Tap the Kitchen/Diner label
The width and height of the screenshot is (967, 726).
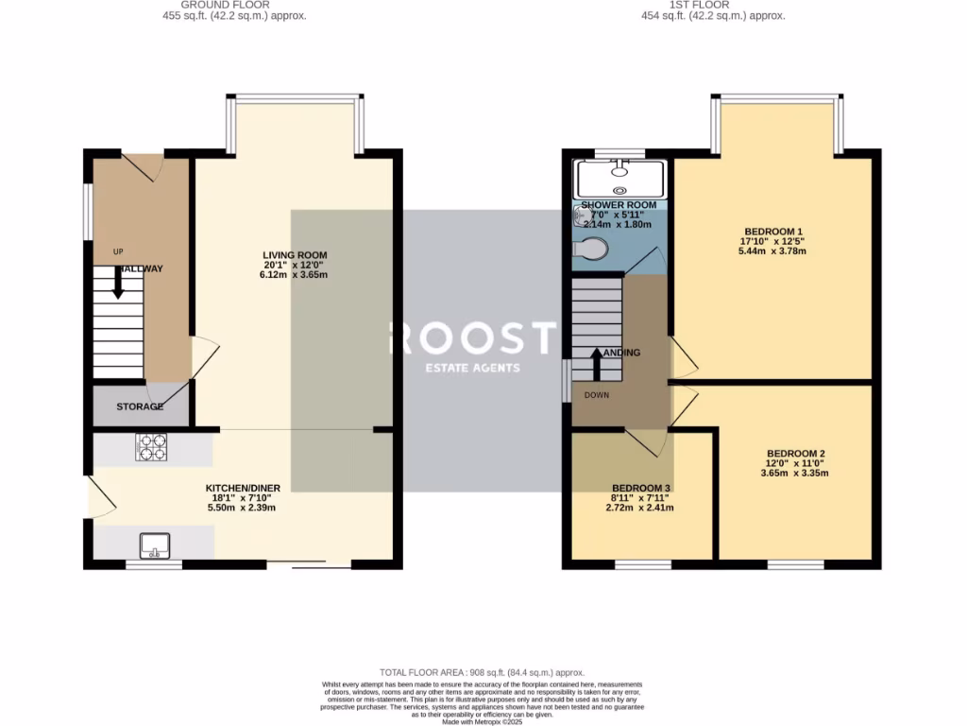(x=243, y=488)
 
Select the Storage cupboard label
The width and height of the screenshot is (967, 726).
(x=140, y=406)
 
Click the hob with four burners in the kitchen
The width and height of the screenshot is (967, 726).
(x=152, y=446)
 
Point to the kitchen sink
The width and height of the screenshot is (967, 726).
(x=154, y=544)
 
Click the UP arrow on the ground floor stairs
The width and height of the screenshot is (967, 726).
(x=118, y=282)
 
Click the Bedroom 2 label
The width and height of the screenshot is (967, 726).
(x=796, y=453)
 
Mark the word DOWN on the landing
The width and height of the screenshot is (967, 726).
(x=598, y=395)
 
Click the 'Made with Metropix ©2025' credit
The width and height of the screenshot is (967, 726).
(x=483, y=720)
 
